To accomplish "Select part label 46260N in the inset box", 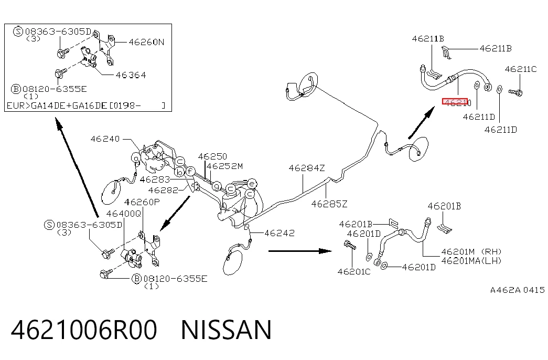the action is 146,43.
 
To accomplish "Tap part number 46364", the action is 131,75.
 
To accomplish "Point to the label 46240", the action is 105,139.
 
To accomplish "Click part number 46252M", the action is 224,166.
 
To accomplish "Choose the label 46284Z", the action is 306,168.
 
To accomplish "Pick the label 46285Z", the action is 329,204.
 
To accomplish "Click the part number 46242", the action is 279,233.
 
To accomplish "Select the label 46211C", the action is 520,69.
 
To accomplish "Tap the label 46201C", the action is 353,272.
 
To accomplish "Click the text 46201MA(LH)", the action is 471,261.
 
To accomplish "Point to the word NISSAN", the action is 226,330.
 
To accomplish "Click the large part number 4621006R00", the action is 84,330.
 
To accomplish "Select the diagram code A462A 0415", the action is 517,290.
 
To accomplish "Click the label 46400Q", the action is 124,214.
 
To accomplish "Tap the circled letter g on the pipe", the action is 217,186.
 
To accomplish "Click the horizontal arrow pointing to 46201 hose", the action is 300,251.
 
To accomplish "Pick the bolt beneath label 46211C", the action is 515,92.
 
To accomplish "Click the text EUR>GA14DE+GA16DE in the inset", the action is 57,105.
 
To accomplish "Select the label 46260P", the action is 142,202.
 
